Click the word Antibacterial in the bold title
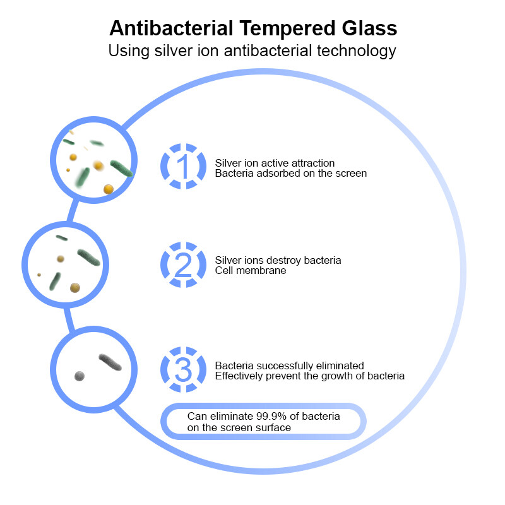tap(167, 28)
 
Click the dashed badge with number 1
tap(183, 167)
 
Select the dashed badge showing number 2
tap(183, 265)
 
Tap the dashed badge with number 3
tap(183, 370)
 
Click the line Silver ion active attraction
tap(275, 163)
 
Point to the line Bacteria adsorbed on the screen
tap(290, 173)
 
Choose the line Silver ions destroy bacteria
tap(278, 260)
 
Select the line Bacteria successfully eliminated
tap(289, 365)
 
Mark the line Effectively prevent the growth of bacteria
tap(309, 376)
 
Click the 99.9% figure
tap(273, 417)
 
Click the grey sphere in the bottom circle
tap(79, 376)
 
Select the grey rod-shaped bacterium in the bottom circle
tap(110, 362)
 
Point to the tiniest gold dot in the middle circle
tap(39, 275)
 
